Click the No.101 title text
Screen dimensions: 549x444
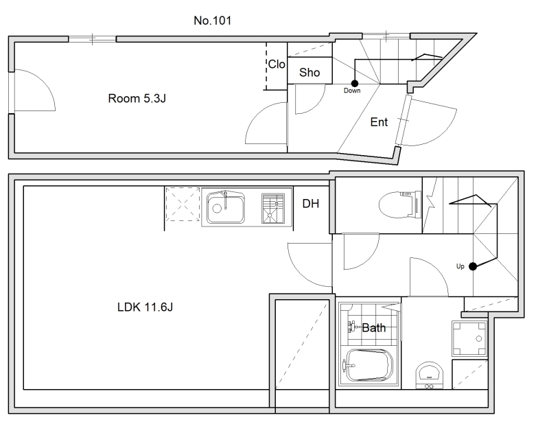click(213, 21)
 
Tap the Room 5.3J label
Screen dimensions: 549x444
click(137, 98)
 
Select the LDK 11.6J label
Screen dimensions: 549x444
click(145, 307)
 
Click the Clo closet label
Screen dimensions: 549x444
click(277, 65)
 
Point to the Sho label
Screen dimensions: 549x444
click(309, 73)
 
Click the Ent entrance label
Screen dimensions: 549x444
click(379, 122)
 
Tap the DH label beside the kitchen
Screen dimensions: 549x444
click(311, 203)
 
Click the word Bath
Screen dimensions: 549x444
click(373, 328)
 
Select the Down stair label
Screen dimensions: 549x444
click(352, 91)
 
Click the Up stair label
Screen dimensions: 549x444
click(460, 266)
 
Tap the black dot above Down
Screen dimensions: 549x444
click(355, 83)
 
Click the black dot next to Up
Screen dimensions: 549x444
click(473, 266)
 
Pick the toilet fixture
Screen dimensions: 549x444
click(400, 204)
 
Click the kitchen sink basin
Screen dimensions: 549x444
click(226, 208)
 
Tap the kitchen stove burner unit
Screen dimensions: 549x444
click(273, 208)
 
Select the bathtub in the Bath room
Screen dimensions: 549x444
click(369, 365)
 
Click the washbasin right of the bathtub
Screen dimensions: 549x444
click(430, 375)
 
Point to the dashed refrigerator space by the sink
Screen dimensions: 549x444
click(183, 204)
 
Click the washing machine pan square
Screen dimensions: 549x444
click(469, 338)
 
